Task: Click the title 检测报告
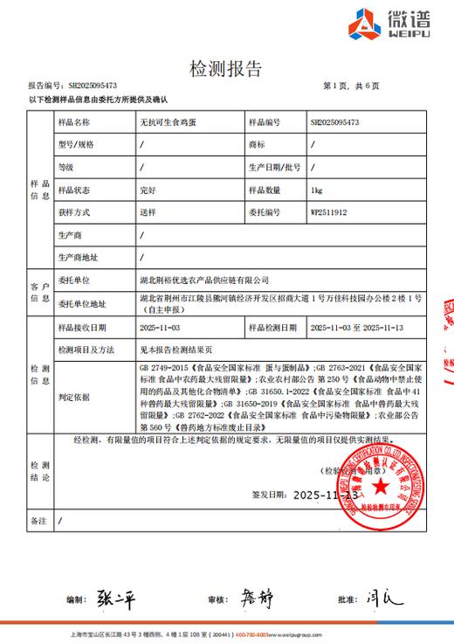point(225,69)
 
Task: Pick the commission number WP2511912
point(329,211)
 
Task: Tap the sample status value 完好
point(147,189)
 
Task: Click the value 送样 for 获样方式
point(147,211)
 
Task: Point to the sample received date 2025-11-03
point(160,327)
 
